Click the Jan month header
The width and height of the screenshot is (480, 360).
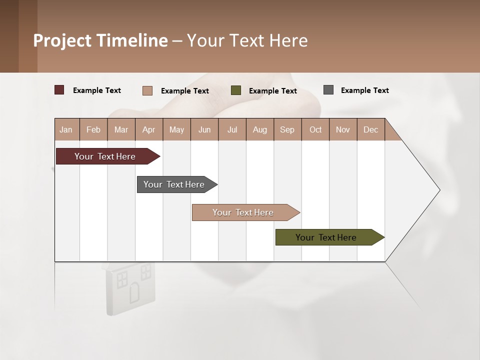pos(66,129)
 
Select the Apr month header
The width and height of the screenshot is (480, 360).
pos(149,129)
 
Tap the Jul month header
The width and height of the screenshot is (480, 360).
pos(232,129)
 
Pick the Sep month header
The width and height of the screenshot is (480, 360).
pos(287,129)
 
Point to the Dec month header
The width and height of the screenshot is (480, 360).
pos(370,129)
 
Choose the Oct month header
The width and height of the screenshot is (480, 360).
pos(315,129)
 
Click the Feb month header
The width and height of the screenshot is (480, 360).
pos(93,129)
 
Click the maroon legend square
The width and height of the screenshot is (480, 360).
pos(59,90)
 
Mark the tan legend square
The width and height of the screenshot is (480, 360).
pos(147,90)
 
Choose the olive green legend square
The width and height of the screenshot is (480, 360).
pos(236,90)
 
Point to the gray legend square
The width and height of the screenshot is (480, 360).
pos(328,90)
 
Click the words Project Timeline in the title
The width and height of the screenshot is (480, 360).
pos(100,40)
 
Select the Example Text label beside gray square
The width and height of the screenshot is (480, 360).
pos(364,90)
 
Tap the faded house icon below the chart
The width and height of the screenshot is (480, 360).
pos(129,287)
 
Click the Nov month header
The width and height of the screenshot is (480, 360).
pos(343,129)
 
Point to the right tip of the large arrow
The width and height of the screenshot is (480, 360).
pos(439,190)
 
